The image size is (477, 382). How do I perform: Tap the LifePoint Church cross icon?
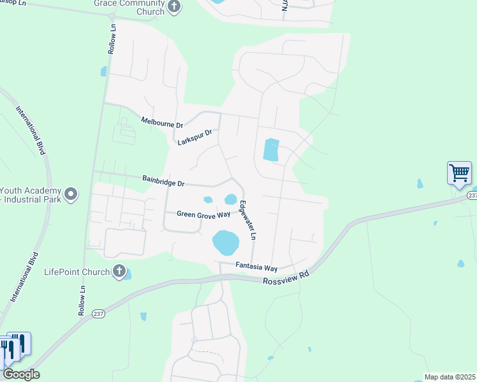118,272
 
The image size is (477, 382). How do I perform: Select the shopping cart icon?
459,173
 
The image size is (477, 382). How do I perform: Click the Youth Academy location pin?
71,193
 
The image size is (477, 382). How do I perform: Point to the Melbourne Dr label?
162,122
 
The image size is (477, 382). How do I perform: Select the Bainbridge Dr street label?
163,181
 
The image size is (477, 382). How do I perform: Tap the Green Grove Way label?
203,215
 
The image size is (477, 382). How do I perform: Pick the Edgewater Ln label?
247,220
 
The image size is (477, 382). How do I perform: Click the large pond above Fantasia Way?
225,242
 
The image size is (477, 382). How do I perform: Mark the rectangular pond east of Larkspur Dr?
271,150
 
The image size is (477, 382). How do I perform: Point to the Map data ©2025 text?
450,377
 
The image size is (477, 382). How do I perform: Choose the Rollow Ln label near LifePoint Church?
82,295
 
